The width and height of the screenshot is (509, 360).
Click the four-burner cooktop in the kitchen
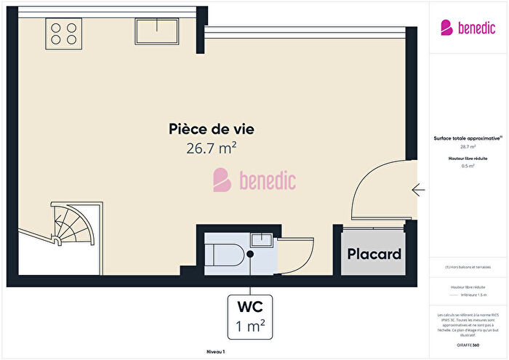[63, 32]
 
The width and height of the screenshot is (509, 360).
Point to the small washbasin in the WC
[260, 239]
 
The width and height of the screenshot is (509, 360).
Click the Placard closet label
[374, 255]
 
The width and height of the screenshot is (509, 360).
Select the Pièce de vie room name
[211, 129]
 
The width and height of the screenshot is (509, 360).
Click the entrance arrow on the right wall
[419, 190]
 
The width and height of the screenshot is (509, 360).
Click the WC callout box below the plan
[249, 317]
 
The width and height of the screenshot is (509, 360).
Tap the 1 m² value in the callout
[249, 327]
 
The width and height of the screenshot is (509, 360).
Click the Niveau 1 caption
[215, 352]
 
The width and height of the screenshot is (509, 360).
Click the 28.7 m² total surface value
[468, 146]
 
